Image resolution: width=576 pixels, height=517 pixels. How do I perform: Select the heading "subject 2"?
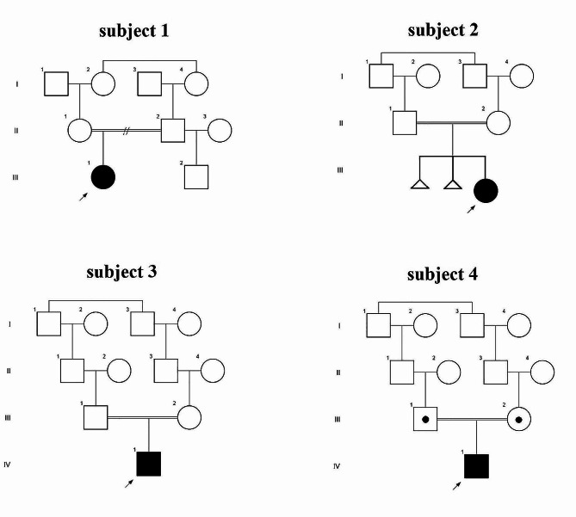click(443, 31)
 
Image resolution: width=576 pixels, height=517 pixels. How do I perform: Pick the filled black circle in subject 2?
click(486, 189)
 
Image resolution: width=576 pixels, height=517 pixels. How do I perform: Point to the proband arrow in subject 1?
click(83, 197)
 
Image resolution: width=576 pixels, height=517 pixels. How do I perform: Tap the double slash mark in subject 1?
click(126, 131)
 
